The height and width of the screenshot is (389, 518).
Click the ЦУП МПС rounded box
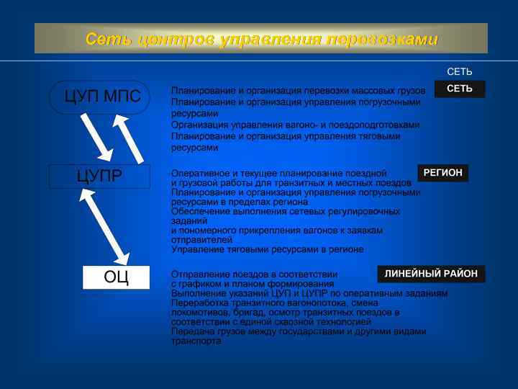coord(99,97)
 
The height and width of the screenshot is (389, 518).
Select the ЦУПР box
coord(99,176)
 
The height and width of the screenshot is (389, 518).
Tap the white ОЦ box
coord(116,277)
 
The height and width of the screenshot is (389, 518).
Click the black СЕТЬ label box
coord(459,89)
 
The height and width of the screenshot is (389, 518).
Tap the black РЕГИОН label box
coord(442,173)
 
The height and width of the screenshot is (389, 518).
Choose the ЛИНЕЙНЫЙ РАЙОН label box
coord(431,274)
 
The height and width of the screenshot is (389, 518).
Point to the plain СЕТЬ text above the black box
coord(459,72)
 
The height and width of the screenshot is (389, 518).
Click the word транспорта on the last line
coord(196,341)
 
